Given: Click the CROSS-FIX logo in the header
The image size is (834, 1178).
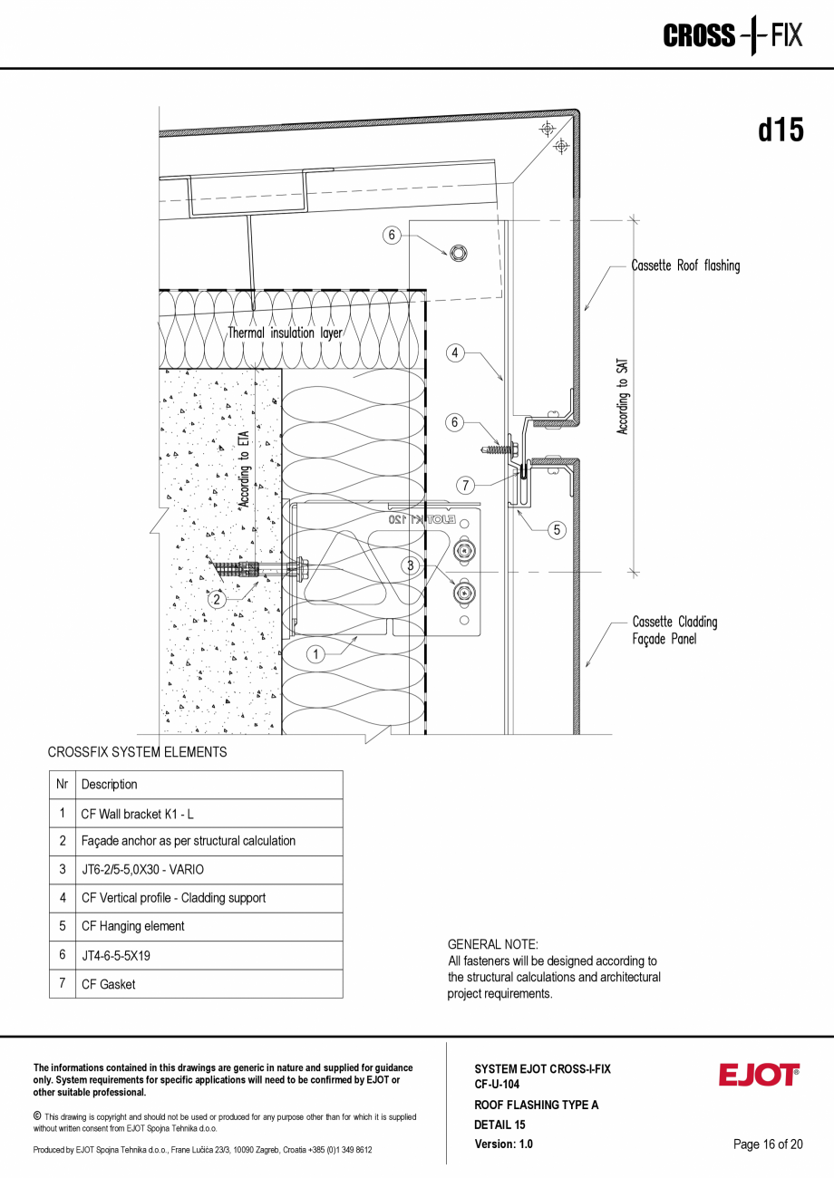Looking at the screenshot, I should click(732, 36).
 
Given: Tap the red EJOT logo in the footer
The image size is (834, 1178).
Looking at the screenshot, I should click(759, 1076).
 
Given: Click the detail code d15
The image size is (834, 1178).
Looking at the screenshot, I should click(781, 130).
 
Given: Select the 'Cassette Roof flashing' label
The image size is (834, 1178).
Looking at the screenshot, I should click(685, 266).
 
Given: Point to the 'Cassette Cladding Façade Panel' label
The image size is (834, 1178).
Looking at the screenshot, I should click(674, 630).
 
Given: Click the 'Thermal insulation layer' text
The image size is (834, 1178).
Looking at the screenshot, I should click(285, 333).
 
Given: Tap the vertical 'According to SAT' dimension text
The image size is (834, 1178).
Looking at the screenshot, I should click(623, 396).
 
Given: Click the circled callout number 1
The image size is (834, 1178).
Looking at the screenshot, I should click(315, 653).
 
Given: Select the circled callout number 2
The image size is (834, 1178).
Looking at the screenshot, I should click(217, 599).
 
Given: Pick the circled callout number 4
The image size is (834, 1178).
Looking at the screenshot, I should click(455, 353).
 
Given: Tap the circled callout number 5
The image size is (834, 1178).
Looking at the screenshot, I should click(557, 530).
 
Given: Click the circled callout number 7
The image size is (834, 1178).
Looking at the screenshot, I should click(465, 486).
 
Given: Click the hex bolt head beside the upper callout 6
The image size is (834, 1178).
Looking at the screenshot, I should click(457, 252).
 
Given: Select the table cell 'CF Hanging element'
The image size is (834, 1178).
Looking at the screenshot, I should click(132, 926).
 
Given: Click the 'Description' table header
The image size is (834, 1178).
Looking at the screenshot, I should click(110, 785).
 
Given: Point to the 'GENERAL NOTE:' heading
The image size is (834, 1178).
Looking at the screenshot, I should click(492, 944).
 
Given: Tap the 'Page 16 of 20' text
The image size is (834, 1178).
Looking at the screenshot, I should click(768, 1144).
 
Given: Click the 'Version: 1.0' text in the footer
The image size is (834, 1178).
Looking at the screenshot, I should click(503, 1144).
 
